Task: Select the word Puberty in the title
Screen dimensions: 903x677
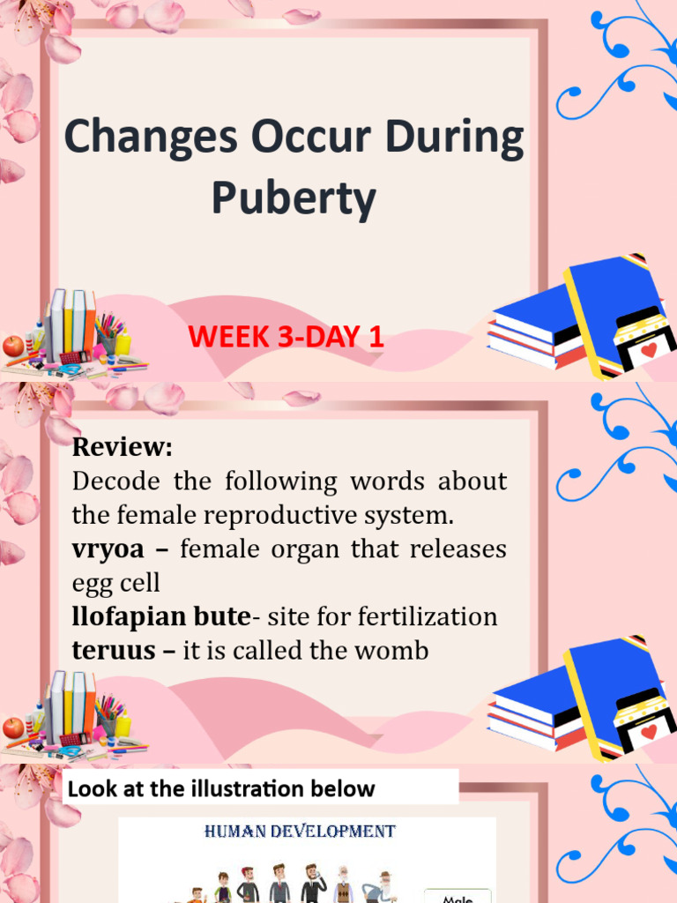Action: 293,199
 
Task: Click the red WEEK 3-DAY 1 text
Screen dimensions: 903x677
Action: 286,337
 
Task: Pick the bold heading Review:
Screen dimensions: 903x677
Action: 123,447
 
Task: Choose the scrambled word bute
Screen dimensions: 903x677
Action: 227,617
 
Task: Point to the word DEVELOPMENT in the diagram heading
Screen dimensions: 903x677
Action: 338,832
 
